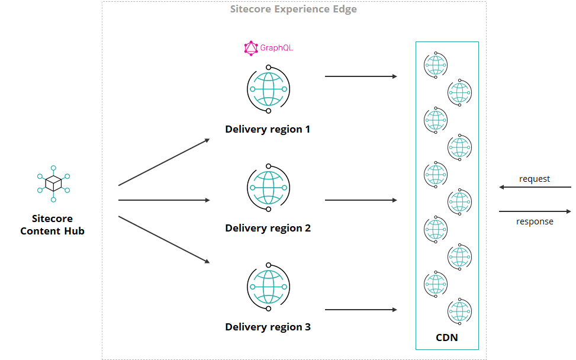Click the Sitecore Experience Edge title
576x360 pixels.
(294, 9)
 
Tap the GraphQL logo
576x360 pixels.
(269, 48)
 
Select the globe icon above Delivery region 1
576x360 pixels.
(268, 89)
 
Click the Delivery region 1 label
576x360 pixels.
(268, 129)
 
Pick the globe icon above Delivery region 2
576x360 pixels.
(268, 187)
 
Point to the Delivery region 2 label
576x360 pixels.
(268, 228)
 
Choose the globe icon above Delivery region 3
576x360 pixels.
(268, 287)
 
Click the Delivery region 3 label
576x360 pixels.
(268, 327)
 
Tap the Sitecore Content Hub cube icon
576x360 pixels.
(53, 183)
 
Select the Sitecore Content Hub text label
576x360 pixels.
(52, 225)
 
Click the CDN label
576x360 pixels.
(446, 338)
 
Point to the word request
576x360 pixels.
(535, 179)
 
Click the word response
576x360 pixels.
(535, 221)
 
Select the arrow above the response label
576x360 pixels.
(535, 211)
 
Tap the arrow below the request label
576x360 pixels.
(535, 187)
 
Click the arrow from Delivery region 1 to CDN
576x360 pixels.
(361, 76)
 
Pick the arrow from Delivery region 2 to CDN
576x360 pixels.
(361, 200)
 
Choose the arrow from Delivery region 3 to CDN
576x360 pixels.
(361, 310)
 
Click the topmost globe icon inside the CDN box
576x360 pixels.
(436, 65)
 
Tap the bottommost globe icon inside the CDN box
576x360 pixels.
(459, 311)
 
